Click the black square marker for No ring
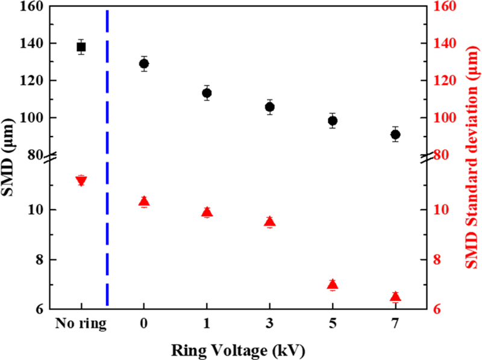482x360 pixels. [81, 47]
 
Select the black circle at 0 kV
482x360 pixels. [144, 63]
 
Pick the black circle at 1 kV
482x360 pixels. [207, 93]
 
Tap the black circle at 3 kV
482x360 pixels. [270, 107]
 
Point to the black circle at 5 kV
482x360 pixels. [333, 120]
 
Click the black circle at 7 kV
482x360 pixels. [395, 134]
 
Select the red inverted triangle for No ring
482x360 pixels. [81, 181]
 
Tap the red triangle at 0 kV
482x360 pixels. [144, 202]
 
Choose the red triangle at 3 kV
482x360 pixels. [270, 221]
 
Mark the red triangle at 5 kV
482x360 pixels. [333, 284]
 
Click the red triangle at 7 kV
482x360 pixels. [395, 296]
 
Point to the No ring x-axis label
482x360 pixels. [81, 323]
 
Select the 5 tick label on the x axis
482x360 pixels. [333, 323]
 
